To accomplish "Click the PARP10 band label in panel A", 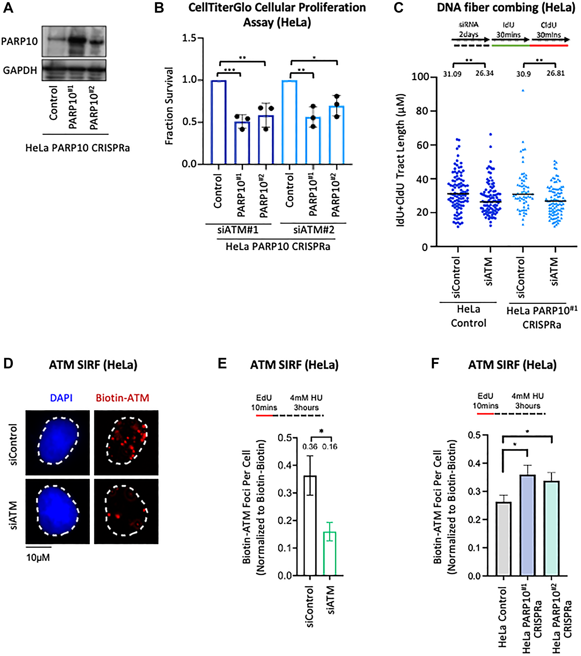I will pyautogui.click(x=19, y=41).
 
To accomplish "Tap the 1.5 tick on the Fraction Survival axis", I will pyautogui.click(x=189, y=38).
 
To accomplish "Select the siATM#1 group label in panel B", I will pyautogui.click(x=238, y=230).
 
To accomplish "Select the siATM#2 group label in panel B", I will pyautogui.click(x=313, y=230).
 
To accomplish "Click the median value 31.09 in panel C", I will pyautogui.click(x=452, y=74).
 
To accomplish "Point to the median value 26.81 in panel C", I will pyautogui.click(x=556, y=73).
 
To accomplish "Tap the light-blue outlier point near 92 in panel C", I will pyautogui.click(x=523, y=90).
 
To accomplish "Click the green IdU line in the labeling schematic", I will pyautogui.click(x=510, y=46).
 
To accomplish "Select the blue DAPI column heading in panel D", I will pyautogui.click(x=61, y=398).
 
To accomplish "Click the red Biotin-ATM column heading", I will pyautogui.click(x=122, y=398).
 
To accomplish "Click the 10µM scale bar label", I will pyautogui.click(x=38, y=557).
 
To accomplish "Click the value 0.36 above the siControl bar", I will pyautogui.click(x=310, y=447).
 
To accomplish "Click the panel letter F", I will pyautogui.click(x=435, y=364).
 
